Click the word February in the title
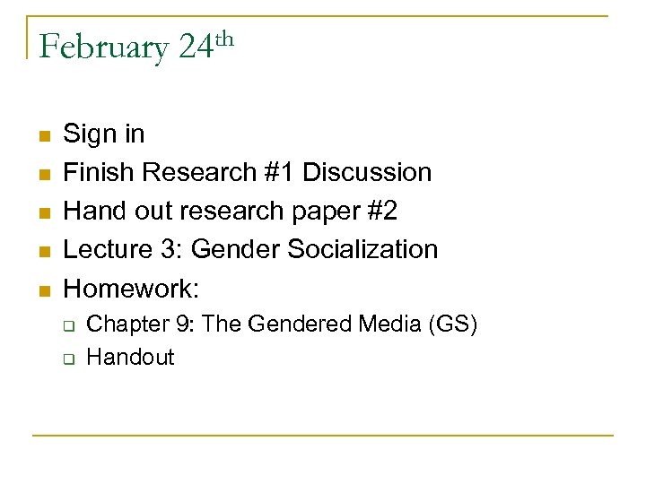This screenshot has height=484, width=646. pyautogui.click(x=103, y=48)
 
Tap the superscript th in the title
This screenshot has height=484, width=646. pyautogui.click(x=225, y=37)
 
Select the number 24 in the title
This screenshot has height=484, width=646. pyautogui.click(x=195, y=48)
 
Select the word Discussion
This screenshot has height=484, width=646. pyautogui.click(x=378, y=172)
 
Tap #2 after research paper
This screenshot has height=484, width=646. pyautogui.click(x=381, y=211)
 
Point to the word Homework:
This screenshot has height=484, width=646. pyautogui.click(x=132, y=288)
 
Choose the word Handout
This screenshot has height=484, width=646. pyautogui.click(x=130, y=357)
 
